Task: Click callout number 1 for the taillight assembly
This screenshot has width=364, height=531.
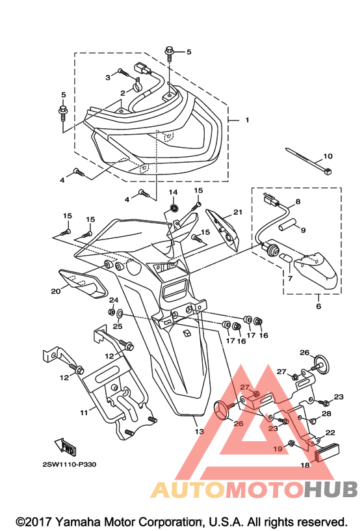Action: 247,120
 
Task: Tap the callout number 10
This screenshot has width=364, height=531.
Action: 328,156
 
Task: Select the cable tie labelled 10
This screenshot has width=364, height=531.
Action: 309,161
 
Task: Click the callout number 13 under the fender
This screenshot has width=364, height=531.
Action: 200,431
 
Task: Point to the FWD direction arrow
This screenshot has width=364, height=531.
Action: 64,446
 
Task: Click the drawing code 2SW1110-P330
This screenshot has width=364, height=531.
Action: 70,464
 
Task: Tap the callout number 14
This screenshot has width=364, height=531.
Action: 173,193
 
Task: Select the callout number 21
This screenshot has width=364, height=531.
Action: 238,212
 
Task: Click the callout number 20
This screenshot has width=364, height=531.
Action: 56,291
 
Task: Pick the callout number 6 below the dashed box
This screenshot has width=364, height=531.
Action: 318,306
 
